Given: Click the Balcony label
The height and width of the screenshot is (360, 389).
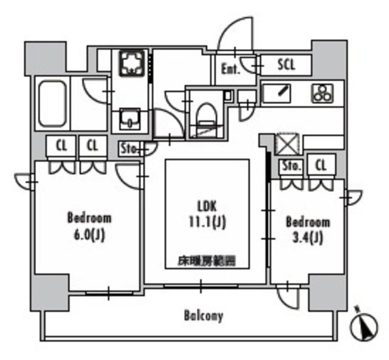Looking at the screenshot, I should tap(203, 316).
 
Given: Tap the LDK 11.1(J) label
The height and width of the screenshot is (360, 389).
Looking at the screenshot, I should tap(206, 214).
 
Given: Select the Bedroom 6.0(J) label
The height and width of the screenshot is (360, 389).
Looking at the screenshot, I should tap(89, 226).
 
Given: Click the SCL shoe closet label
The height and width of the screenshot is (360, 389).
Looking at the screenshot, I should tap(286, 64).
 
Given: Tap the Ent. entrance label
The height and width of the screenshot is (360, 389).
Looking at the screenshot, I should tap(230, 69).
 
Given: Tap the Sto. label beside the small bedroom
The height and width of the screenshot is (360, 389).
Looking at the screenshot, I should tap(291, 165).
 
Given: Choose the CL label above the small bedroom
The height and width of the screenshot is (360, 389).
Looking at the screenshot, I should tap(321, 165).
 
